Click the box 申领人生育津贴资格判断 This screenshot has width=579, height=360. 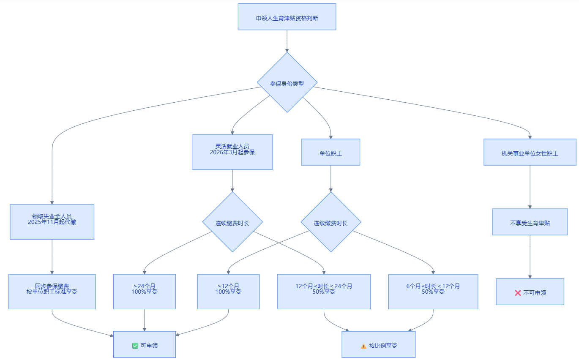(x=287, y=17)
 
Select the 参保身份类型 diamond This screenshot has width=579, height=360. (x=287, y=82)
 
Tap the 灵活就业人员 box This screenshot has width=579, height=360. (x=232, y=152)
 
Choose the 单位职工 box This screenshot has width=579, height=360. (x=330, y=152)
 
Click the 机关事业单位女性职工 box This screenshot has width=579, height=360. (x=530, y=152)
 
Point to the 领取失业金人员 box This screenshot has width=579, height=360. (x=52, y=222)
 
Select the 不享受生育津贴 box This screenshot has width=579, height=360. (x=530, y=222)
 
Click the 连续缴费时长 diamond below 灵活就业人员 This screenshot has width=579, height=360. (x=232, y=222)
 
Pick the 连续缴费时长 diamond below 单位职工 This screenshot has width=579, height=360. (x=331, y=222)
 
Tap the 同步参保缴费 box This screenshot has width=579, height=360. (x=52, y=292)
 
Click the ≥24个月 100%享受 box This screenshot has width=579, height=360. (x=145, y=292)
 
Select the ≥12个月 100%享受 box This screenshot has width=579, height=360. (x=228, y=292)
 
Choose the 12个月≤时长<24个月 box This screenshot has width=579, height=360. (x=324, y=292)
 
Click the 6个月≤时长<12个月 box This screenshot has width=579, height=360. (x=433, y=292)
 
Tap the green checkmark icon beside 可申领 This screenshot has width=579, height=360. (x=135, y=346)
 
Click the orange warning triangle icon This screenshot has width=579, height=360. (x=363, y=346)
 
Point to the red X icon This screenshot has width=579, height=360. (x=518, y=293)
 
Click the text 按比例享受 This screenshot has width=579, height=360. (x=383, y=346)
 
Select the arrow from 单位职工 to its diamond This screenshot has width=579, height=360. (x=331, y=179)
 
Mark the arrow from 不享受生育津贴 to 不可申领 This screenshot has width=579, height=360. (x=530, y=257)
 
